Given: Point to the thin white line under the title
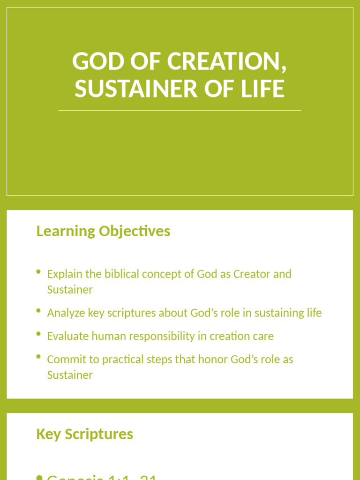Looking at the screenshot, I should (x=180, y=110).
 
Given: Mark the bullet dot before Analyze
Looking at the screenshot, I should (x=38, y=311).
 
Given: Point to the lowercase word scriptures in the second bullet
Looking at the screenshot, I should (x=132, y=313).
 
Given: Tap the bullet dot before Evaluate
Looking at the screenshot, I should (x=38, y=334).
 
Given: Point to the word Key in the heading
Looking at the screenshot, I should (x=49, y=434).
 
